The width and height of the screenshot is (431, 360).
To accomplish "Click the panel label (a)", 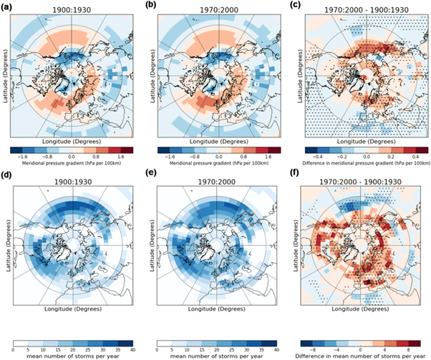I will pos(9,6).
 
